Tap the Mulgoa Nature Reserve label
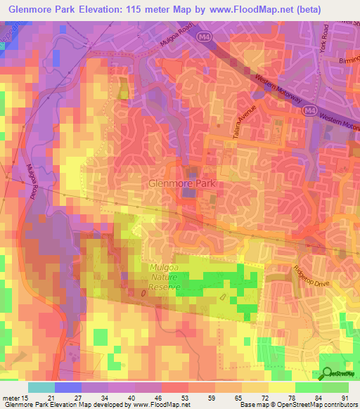165,278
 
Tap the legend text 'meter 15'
15,397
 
